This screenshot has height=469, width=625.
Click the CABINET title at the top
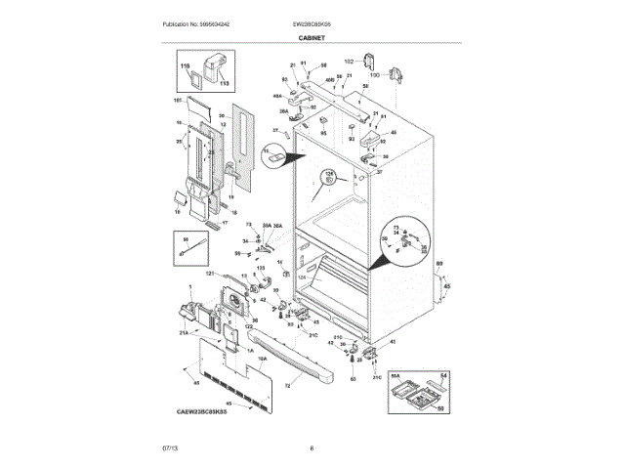click(x=312, y=38)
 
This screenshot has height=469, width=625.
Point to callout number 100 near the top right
click(x=374, y=74)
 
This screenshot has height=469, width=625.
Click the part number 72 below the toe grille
click(x=287, y=387)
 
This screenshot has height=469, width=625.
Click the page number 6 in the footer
click(x=312, y=448)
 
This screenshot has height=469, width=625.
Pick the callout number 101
click(x=178, y=101)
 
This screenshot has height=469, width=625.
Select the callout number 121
click(x=209, y=275)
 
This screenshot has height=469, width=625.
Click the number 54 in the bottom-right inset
click(x=442, y=376)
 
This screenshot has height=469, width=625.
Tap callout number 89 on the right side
click(x=438, y=265)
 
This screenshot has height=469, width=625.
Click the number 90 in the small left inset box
click(x=184, y=238)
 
